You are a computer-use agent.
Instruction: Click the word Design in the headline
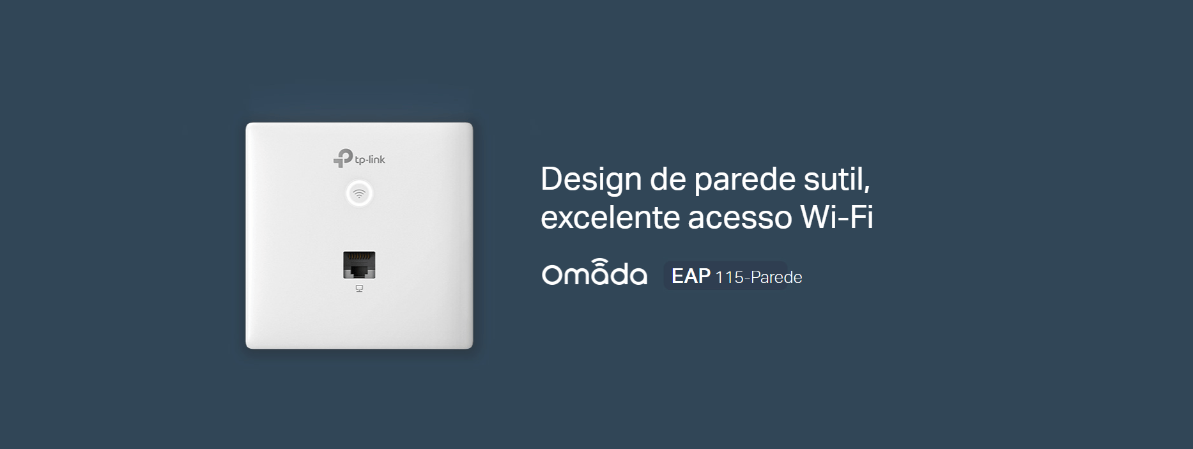591,180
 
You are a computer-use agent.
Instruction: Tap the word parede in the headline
745,180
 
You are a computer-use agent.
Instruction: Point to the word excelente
610,217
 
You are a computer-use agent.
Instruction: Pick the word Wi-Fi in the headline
837,217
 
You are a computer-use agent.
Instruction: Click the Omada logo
594,272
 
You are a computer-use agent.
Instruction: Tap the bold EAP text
691,276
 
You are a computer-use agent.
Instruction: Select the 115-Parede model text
758,277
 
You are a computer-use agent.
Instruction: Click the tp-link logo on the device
359,158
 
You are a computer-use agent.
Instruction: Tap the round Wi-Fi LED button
359,194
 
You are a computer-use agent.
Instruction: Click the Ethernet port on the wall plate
359,265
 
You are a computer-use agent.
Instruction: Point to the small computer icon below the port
359,289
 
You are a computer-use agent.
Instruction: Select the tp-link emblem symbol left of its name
343,158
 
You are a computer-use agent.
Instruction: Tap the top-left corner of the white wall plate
247,123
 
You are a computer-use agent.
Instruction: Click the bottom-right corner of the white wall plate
472,348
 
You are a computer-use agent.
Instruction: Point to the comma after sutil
866,190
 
